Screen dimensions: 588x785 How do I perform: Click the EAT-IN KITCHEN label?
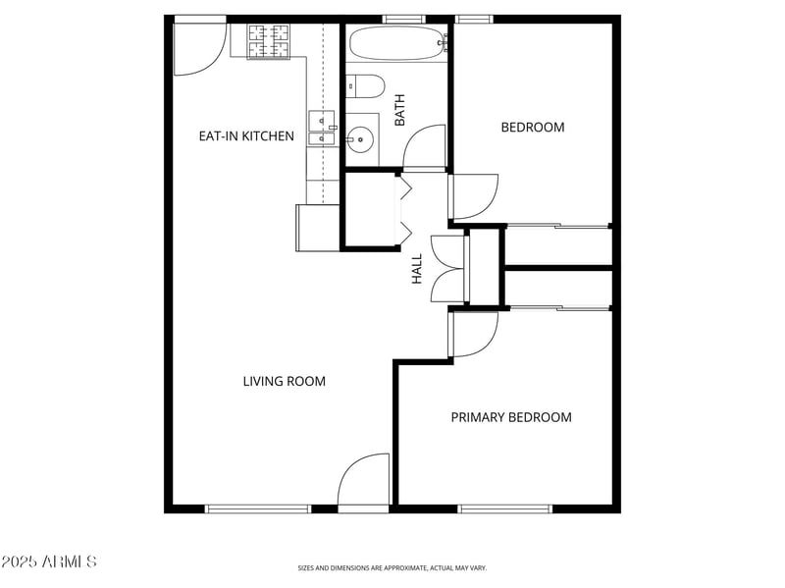click(x=246, y=136)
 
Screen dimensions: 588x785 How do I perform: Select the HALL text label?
click(x=417, y=269)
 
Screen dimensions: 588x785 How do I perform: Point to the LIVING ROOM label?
click(x=284, y=381)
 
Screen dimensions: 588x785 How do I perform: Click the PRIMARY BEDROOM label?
click(x=510, y=417)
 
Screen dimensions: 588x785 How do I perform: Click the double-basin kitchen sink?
click(x=322, y=129)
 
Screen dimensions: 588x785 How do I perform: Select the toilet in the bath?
click(x=365, y=86)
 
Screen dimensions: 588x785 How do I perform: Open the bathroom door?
click(x=425, y=147)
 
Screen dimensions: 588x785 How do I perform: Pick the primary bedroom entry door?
click(x=475, y=334)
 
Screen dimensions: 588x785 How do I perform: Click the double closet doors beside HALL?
click(x=447, y=269)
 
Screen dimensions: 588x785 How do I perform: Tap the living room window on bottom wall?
click(x=258, y=508)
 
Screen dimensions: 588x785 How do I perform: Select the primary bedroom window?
click(x=505, y=508)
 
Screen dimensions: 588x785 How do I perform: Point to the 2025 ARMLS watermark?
click(x=49, y=561)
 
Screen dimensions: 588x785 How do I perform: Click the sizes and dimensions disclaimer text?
click(x=392, y=567)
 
